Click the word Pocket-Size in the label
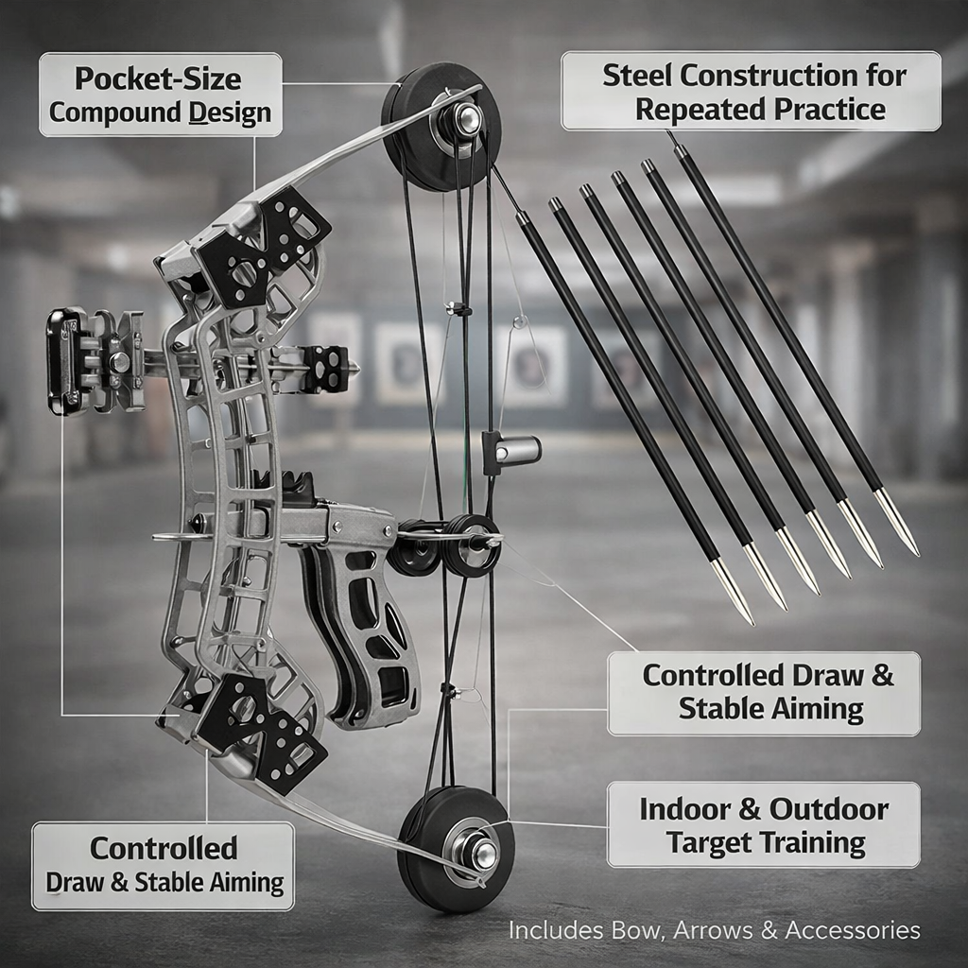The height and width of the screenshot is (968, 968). click(x=160, y=78)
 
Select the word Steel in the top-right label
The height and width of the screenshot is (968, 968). click(x=637, y=76)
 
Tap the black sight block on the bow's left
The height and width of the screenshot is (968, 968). click(x=64, y=360)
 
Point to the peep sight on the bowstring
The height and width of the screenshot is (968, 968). click(x=511, y=451)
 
